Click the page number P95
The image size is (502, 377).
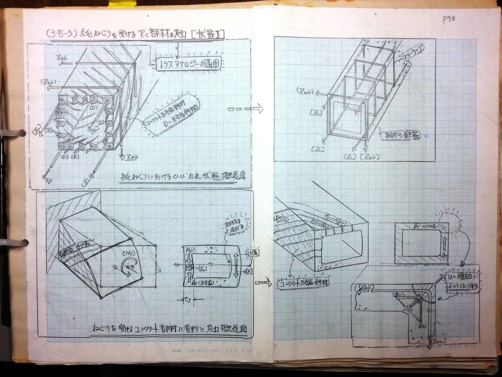tap(449, 19)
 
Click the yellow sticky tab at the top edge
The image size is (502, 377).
tap(122, 4)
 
